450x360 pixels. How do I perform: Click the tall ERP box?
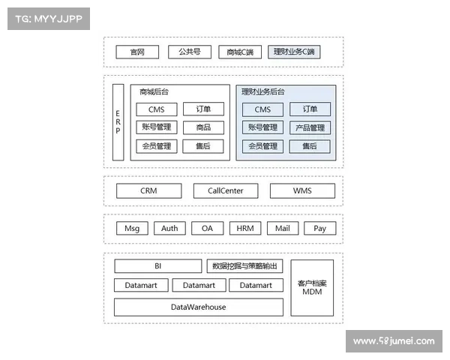(x=118, y=122)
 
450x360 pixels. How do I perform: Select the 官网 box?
(x=137, y=52)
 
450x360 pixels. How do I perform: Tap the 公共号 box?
(x=190, y=52)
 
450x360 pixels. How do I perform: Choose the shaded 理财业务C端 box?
(x=294, y=52)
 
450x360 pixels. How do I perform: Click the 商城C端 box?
(x=240, y=52)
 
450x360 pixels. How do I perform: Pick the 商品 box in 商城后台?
(x=203, y=127)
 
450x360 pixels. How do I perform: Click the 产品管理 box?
(x=310, y=127)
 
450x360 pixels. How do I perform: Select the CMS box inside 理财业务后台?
(x=262, y=109)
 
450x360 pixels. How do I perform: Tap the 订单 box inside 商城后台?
(x=203, y=109)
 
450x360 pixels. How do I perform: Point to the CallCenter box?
(x=226, y=191)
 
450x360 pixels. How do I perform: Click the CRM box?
(x=149, y=191)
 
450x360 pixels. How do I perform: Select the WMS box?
(x=302, y=191)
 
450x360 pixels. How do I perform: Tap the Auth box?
(x=169, y=228)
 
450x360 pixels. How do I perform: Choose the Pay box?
(x=320, y=228)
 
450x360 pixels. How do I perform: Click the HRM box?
(x=245, y=228)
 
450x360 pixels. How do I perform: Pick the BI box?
(x=157, y=266)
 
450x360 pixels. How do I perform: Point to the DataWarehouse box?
(x=199, y=307)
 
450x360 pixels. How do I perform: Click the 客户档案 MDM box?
(x=312, y=288)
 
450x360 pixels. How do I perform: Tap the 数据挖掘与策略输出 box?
(x=244, y=266)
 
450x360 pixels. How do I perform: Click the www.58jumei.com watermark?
(x=394, y=341)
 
